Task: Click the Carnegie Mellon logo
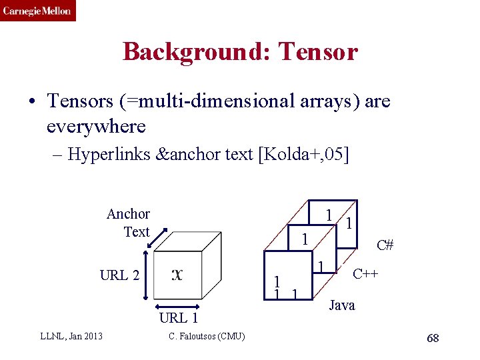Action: pos(37,11)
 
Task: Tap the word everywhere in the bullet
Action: pos(96,125)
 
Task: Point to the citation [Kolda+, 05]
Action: pos(306,155)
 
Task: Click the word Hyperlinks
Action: pos(109,155)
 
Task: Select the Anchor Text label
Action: pos(129,223)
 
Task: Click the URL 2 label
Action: pos(119,275)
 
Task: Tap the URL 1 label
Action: pos(179,318)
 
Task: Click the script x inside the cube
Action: pos(177,274)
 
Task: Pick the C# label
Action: pos(385,245)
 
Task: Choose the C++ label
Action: pos(366,273)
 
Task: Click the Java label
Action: pos(342,305)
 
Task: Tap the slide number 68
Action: pos(433,339)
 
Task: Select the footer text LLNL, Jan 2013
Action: pos(71,335)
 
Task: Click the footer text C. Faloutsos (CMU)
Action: pos(207,335)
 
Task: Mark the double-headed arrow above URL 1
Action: pos(177,303)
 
